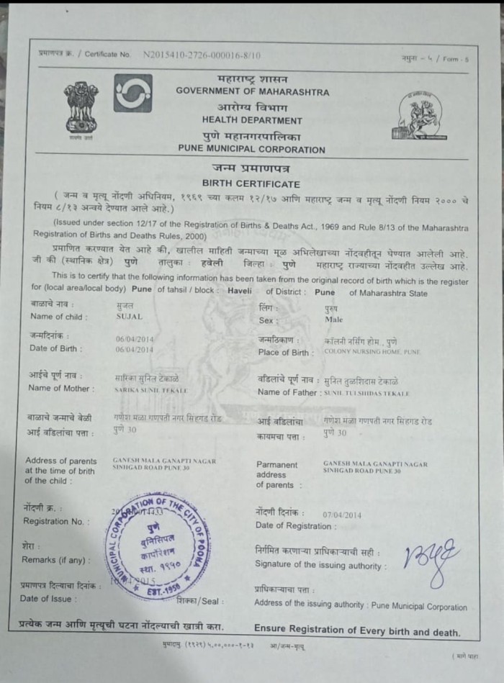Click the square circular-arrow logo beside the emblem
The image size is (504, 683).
pos(132,93)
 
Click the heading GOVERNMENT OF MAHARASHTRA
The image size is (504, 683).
pos(252,92)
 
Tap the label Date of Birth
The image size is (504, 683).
pos(55,348)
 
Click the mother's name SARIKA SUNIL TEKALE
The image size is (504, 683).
pos(150,389)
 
